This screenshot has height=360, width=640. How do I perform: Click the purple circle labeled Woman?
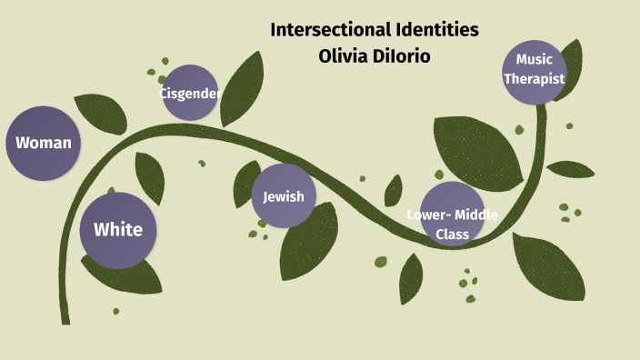(43, 143)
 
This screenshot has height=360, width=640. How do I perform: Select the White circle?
(118, 229)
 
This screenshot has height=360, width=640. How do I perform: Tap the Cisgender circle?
(190, 93)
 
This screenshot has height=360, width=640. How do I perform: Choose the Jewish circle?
(284, 196)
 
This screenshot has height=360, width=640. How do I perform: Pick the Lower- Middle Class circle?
(452, 215)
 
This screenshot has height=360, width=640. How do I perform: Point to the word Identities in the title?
(432, 30)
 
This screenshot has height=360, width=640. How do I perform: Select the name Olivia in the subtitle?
(339, 56)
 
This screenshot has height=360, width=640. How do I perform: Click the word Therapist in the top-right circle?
(535, 79)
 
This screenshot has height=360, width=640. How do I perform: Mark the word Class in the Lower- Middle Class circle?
(452, 234)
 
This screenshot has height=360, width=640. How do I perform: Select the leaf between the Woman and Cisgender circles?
(102, 113)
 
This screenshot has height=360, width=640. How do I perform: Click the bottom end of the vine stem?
(65, 319)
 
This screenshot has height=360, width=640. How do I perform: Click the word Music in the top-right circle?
(534, 60)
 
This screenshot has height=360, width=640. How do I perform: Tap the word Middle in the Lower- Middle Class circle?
(475, 216)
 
